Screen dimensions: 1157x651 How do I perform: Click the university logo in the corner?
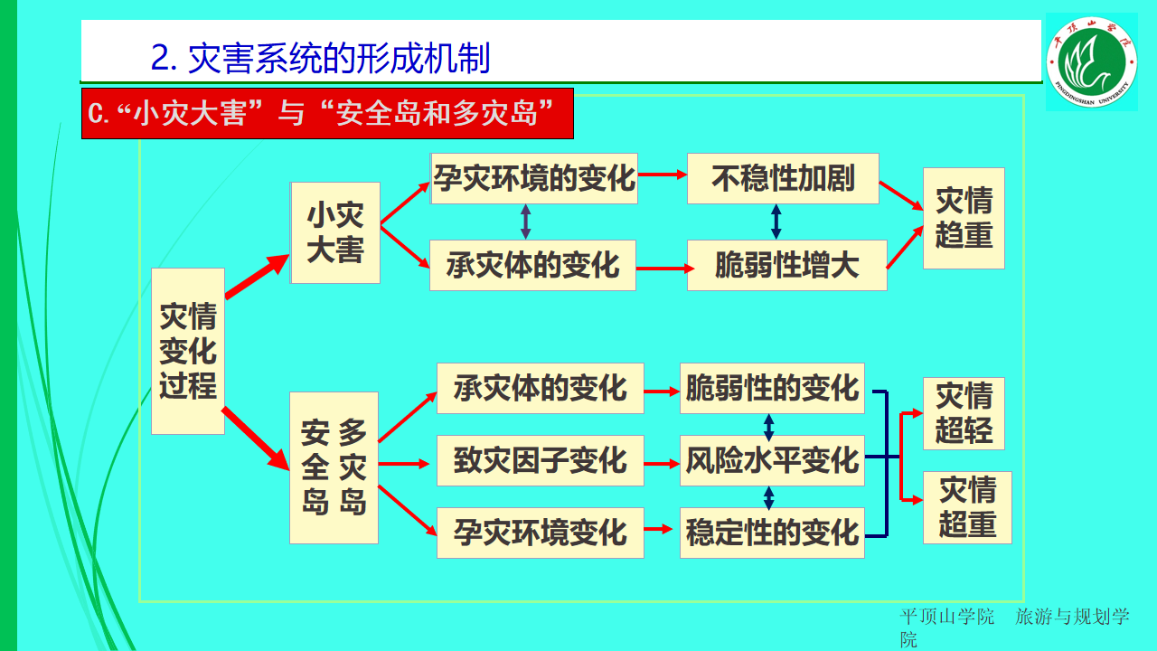(1091, 61)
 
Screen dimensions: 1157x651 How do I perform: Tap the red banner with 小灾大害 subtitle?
(327, 114)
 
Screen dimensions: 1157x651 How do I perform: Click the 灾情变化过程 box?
(188, 351)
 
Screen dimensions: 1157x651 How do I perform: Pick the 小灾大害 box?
(334, 232)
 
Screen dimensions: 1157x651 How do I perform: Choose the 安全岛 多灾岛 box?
(334, 467)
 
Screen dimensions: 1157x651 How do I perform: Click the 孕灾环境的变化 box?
(534, 178)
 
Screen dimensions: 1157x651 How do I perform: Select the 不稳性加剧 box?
(783, 178)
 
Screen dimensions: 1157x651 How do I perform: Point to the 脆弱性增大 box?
(786, 265)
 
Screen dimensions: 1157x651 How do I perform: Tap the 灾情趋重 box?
(964, 218)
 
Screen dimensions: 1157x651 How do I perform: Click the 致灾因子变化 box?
(540, 460)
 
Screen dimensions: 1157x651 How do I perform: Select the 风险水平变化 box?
(772, 460)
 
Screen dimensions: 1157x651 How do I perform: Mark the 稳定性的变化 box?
(772, 533)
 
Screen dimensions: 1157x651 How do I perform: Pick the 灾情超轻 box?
(964, 413)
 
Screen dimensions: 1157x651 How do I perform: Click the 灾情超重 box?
(967, 507)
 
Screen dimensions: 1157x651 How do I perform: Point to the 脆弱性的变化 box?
(772, 388)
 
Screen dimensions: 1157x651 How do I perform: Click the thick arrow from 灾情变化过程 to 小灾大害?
(257, 277)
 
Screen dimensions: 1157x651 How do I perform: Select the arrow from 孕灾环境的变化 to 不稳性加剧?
(662, 175)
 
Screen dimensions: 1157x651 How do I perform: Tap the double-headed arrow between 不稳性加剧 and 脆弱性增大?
(776, 222)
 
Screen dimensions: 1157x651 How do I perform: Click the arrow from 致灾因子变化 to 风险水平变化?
(662, 463)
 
